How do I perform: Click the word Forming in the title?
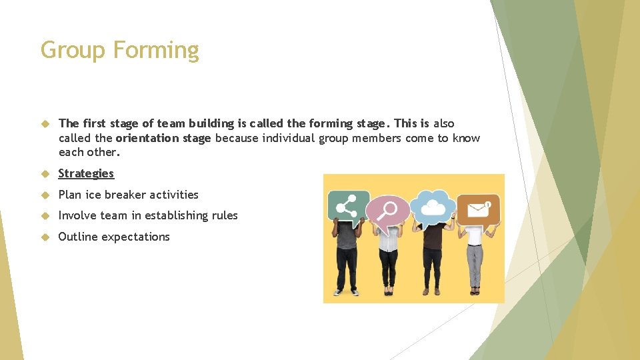[x=156, y=51]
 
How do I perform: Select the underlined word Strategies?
[x=86, y=173]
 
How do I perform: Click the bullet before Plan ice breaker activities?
[x=45, y=195]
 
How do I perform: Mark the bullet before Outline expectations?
[x=45, y=237]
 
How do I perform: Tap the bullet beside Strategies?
[x=45, y=173]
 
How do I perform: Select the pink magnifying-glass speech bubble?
[x=387, y=209]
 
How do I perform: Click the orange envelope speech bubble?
[x=478, y=209]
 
